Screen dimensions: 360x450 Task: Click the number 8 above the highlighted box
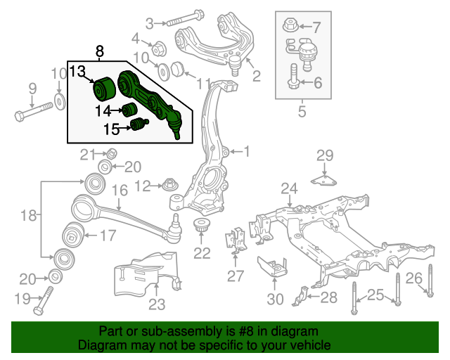coord(99,51)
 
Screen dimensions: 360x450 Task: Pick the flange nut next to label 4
coord(157,49)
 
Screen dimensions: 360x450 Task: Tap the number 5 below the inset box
coord(302,110)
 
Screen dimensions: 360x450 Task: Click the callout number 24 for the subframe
coord(290,188)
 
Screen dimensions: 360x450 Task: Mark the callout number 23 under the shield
coord(156,304)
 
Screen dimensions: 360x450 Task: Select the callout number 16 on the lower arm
coord(119,190)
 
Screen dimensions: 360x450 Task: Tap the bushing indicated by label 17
coord(73,234)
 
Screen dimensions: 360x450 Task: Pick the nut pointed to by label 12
coord(171,186)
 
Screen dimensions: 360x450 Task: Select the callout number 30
coord(275,299)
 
